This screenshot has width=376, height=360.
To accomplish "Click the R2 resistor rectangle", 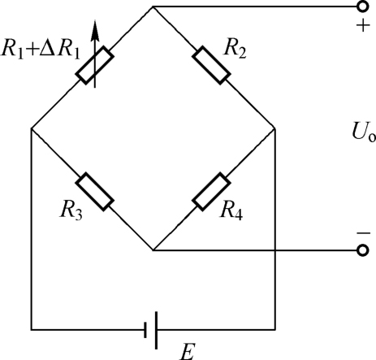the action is click(x=211, y=65).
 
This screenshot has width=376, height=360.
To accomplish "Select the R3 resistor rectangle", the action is click(x=95, y=192).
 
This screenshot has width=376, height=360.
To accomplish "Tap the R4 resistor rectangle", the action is click(x=211, y=192).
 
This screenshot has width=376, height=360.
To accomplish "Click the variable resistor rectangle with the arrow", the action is click(x=95, y=65).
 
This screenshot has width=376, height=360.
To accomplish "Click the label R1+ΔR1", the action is click(x=41, y=50).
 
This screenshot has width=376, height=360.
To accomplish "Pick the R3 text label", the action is click(x=71, y=210).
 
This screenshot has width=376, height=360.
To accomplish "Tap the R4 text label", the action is click(x=231, y=210).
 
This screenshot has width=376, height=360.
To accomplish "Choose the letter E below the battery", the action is click(x=188, y=352).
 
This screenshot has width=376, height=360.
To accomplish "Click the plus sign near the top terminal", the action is click(x=363, y=26).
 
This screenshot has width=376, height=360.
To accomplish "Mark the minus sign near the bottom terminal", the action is click(x=364, y=233).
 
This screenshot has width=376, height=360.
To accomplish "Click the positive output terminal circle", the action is click(x=363, y=7).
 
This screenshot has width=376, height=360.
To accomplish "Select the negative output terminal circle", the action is click(x=363, y=250).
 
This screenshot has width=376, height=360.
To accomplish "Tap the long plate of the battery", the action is click(x=156, y=330).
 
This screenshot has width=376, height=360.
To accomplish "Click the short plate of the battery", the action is click(x=145, y=330).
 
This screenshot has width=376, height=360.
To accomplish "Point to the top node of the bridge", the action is click(x=153, y=7).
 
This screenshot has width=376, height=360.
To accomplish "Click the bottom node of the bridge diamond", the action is click(x=153, y=250).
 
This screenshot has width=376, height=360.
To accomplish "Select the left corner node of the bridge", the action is click(x=32, y=128).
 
